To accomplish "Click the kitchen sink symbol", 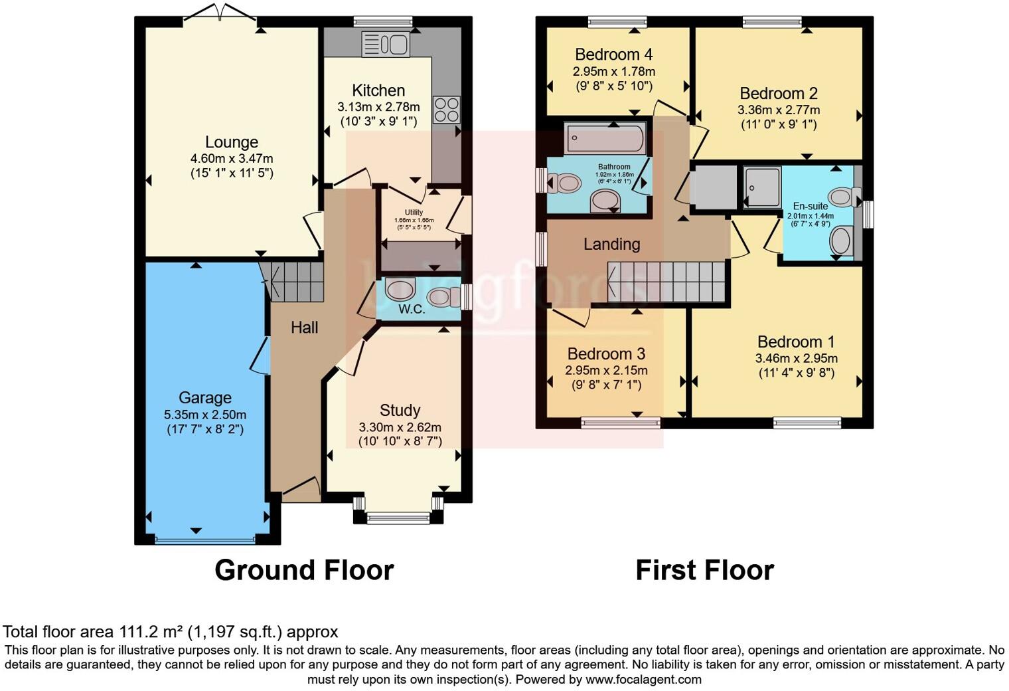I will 385,45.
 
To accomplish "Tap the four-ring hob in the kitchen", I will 446,110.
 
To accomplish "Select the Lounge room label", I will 232,142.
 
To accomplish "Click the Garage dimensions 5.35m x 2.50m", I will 205,415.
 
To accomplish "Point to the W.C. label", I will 412,309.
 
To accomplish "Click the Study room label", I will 400,410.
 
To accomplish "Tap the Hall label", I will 304,327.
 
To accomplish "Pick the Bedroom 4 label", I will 613,54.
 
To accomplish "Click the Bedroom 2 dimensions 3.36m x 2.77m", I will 778,110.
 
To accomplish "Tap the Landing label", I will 611,244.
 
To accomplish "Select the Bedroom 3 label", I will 606,354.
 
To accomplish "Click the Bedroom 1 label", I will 796,342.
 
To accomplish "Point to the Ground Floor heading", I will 304,570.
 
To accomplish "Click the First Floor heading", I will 704,570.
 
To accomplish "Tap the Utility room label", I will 414,213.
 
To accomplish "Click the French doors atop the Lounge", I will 218,12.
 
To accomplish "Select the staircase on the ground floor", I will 296,281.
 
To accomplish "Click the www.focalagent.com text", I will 643,679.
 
